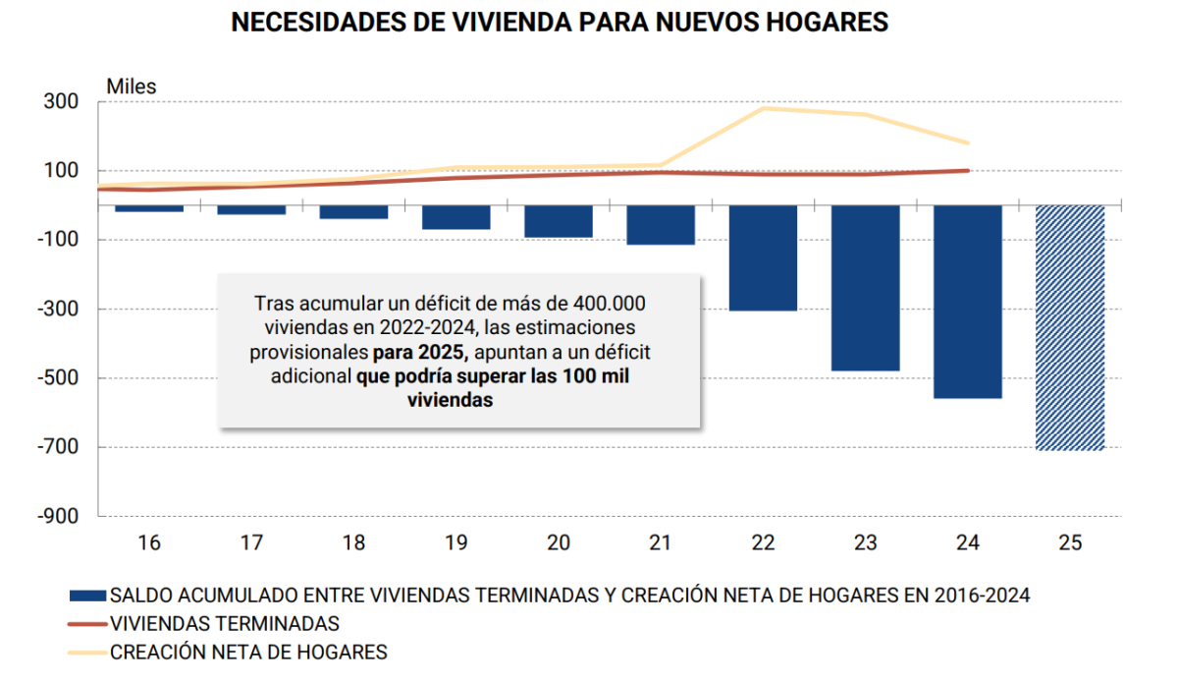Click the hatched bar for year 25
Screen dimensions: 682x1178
1070,327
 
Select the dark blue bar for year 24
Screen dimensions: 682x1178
967,302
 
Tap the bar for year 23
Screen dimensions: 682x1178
865,288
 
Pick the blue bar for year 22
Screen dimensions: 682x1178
763,257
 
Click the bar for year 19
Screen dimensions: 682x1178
456,217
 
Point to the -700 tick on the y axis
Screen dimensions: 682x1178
64,447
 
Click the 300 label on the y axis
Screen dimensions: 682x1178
60,102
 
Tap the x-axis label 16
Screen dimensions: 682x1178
149,542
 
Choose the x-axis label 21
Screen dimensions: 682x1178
661,542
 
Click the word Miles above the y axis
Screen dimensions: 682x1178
132,86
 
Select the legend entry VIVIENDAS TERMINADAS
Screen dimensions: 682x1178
225,623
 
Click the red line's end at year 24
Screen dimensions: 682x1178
968,171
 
